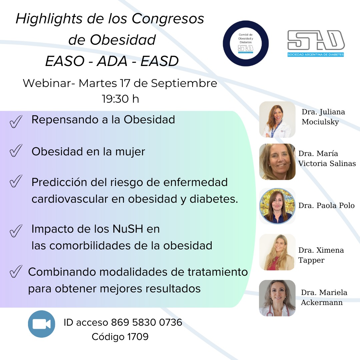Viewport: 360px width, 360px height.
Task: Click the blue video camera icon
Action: [42, 324]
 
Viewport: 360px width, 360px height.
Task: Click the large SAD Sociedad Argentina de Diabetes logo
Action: [316, 43]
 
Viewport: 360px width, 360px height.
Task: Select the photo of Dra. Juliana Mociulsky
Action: [277, 119]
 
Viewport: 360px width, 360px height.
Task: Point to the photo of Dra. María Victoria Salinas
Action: [277, 162]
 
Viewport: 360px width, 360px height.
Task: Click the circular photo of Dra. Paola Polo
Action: [277, 206]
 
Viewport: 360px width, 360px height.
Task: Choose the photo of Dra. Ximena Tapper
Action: [277, 252]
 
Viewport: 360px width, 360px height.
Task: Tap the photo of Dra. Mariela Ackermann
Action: [277, 298]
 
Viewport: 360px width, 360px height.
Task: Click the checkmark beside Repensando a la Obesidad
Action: [16, 121]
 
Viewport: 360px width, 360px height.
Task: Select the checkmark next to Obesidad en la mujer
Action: [16, 150]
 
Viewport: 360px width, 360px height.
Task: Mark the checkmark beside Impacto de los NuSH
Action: [16, 231]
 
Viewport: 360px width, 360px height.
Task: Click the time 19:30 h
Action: [121, 99]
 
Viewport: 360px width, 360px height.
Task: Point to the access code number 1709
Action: [138, 337]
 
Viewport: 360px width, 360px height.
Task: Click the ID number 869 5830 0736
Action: [147, 322]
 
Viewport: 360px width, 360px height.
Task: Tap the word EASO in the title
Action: [65, 61]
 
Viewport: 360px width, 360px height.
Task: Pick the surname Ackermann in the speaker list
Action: [322, 302]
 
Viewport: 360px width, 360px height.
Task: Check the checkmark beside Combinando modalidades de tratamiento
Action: [16, 271]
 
